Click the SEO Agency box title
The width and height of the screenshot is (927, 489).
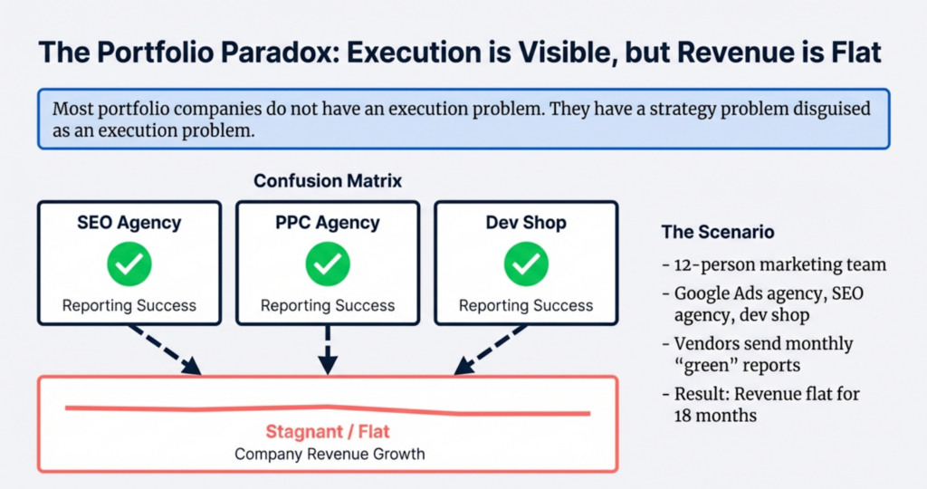pos(129,223)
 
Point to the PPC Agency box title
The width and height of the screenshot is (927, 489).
pos(327,223)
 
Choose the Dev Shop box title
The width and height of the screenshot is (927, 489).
pos(525,223)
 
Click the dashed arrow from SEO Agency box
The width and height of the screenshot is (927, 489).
pos(166,350)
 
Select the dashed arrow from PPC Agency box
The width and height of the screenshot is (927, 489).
pos(327,350)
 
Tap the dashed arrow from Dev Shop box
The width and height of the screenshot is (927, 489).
pos(489,350)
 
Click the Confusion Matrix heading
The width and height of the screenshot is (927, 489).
pos(327,181)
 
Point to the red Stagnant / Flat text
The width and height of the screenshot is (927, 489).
pos(327,432)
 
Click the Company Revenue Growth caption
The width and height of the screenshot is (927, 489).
pos(327,454)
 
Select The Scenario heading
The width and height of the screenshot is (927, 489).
pos(718,232)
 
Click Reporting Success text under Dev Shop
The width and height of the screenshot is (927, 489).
pos(525,305)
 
